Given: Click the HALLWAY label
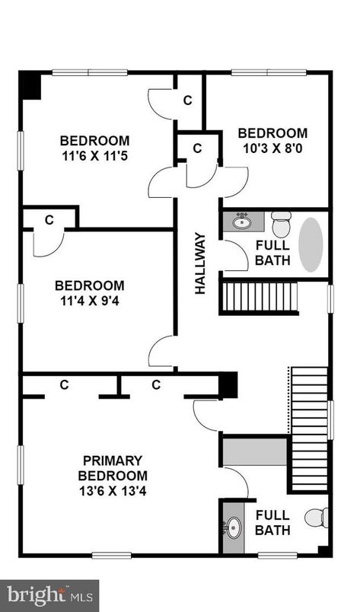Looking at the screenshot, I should pyautogui.click(x=200, y=263).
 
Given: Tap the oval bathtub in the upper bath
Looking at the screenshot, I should pyautogui.click(x=311, y=244).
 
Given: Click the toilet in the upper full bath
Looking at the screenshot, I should pyautogui.click(x=282, y=225).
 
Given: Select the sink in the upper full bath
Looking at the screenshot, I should pyautogui.click(x=243, y=222).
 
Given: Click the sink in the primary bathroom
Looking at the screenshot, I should pyautogui.click(x=233, y=526).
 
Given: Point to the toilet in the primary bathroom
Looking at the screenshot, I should pyautogui.click(x=317, y=518).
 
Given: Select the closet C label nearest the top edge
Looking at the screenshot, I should pyautogui.click(x=188, y=100).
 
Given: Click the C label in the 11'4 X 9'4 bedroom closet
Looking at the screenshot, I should pyautogui.click(x=49, y=220).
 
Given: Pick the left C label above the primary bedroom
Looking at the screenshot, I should pyautogui.click(x=64, y=385).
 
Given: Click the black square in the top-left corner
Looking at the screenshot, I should pyautogui.click(x=30, y=84).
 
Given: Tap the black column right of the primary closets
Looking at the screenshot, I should pyautogui.click(x=228, y=385).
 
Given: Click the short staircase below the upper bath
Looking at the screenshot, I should pyautogui.click(x=259, y=297).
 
